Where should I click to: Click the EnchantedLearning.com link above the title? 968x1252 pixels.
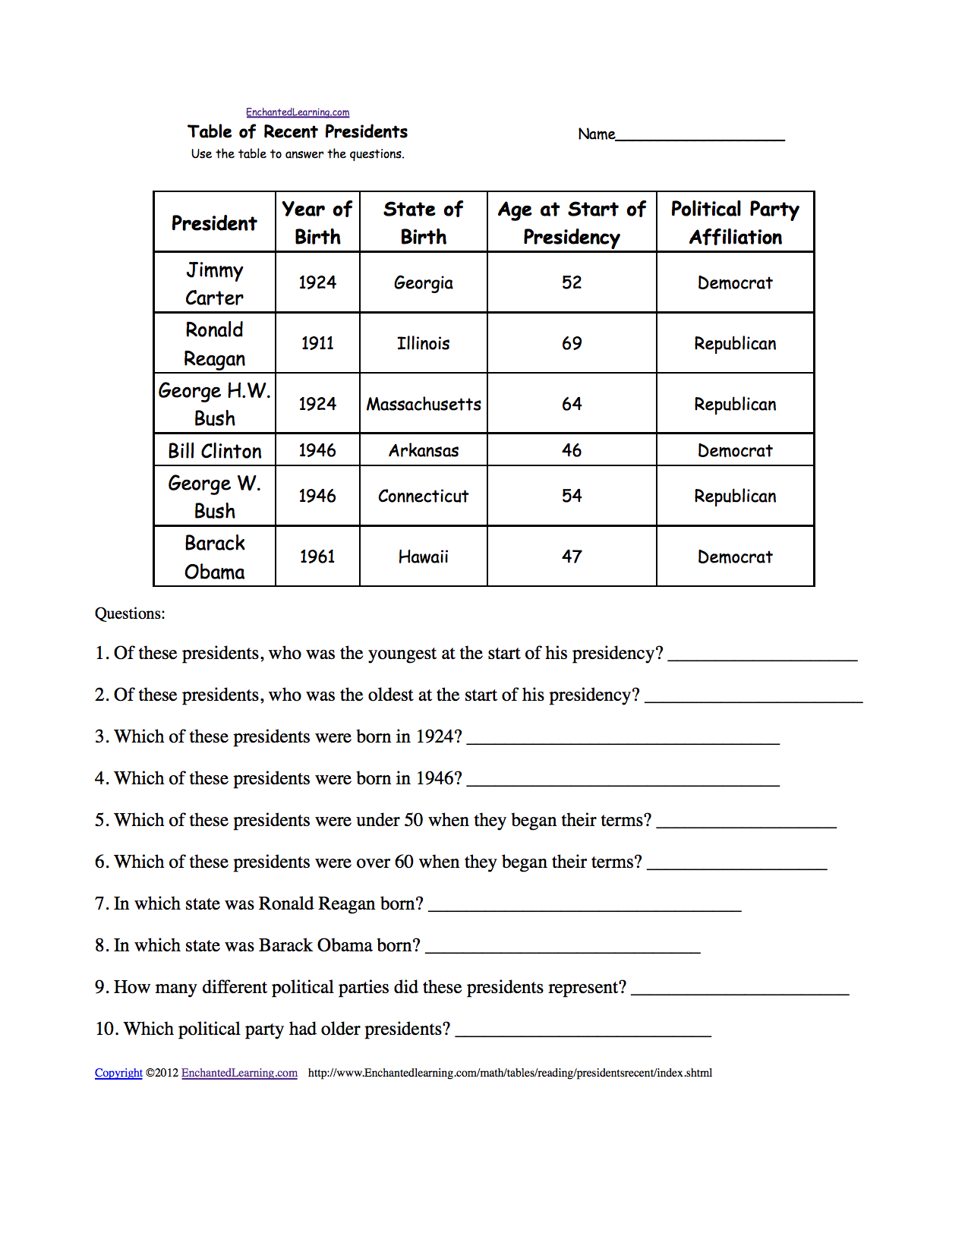[298, 112]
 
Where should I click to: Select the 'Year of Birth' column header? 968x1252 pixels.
[317, 222]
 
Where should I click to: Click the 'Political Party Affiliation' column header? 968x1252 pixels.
[735, 222]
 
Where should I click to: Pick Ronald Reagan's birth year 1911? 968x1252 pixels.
[317, 343]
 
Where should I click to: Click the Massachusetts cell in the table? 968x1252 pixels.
[424, 405]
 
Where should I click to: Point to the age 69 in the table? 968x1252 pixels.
[572, 343]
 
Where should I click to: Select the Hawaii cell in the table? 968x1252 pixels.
[424, 557]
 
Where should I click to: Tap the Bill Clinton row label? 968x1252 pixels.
[215, 451]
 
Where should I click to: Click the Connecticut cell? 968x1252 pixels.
[424, 497]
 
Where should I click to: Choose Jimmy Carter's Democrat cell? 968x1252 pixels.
[735, 283]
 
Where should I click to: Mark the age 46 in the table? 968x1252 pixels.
[572, 450]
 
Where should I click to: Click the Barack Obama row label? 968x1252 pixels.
[215, 557]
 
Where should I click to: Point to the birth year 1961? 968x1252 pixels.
[317, 557]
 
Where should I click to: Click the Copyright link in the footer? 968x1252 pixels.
[118, 1073]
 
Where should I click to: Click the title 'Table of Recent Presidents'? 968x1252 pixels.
[298, 132]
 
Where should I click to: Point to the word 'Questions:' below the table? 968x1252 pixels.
[130, 613]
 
